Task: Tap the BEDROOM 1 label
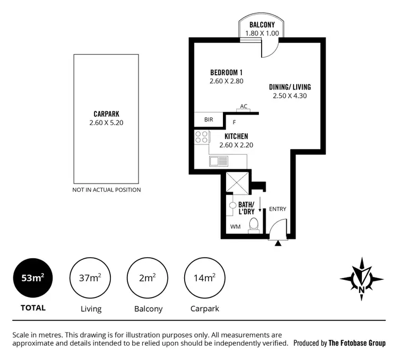[x=226, y=73]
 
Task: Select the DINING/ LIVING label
[x=290, y=87]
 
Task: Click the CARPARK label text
[x=107, y=113]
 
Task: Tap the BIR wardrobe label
[x=209, y=120]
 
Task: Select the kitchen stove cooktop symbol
[x=202, y=137]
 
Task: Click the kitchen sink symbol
[x=218, y=161]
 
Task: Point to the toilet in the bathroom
[x=254, y=225]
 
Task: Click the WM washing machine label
[x=235, y=227]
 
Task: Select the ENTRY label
[x=278, y=209]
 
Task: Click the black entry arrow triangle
[x=278, y=244]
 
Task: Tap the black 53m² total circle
[x=33, y=278]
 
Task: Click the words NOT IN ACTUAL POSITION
[x=107, y=190]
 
